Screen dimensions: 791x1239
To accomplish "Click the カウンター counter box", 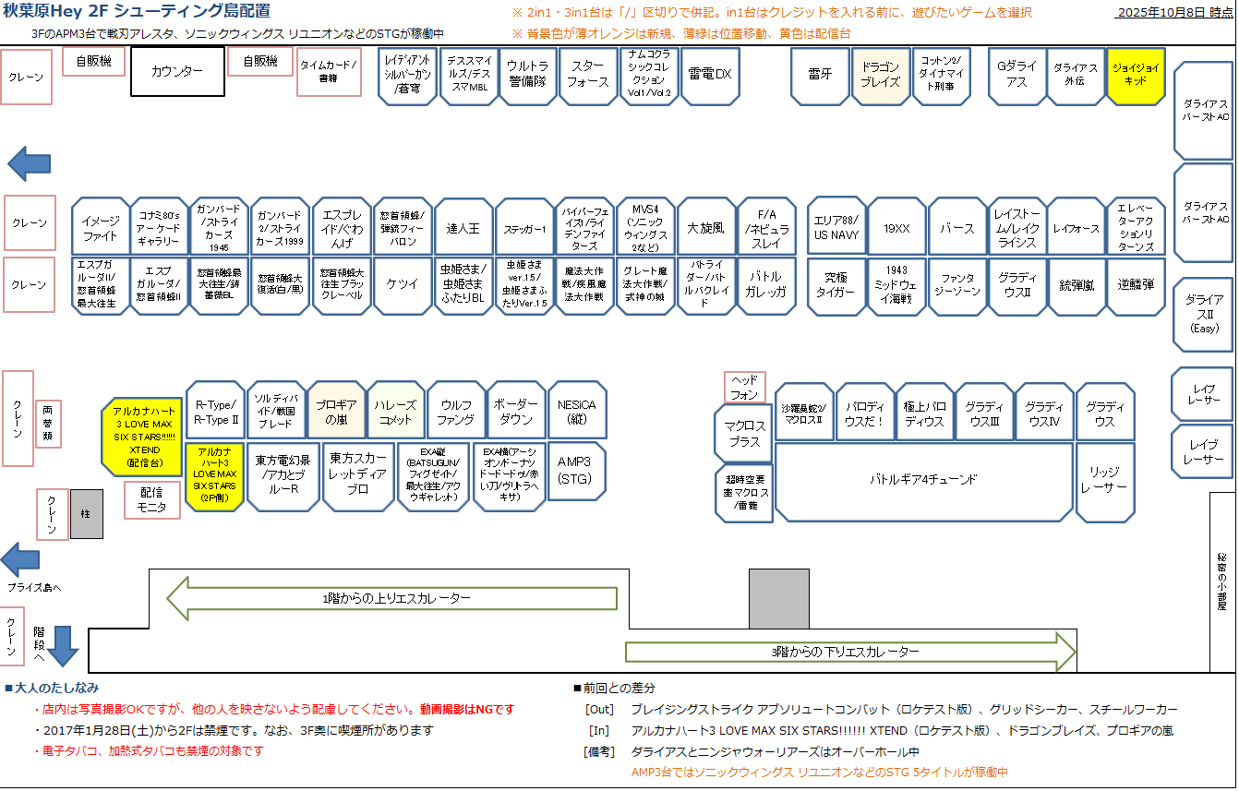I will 177,71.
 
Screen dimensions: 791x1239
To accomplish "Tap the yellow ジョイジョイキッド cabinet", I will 1136,75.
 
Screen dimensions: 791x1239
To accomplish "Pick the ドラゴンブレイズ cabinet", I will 880,75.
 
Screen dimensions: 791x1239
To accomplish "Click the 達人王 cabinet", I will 463,227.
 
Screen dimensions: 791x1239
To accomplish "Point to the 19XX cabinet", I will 896,227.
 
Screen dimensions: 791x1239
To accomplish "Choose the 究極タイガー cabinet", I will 836,285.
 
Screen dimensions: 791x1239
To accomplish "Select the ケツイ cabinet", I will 403,285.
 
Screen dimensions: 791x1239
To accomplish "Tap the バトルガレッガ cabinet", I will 766,285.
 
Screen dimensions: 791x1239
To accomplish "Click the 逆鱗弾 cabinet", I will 1135,285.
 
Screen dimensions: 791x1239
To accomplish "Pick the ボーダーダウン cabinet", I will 515,412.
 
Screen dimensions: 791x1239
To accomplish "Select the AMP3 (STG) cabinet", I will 576,470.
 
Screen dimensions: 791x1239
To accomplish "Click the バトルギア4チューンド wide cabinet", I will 923,480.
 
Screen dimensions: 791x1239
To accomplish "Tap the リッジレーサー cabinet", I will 1104,480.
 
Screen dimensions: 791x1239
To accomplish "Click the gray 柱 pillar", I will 87,514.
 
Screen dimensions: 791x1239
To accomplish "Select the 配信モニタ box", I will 152,500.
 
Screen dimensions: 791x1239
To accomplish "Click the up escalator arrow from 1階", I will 392,598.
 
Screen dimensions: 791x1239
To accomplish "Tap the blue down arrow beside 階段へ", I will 64,644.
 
